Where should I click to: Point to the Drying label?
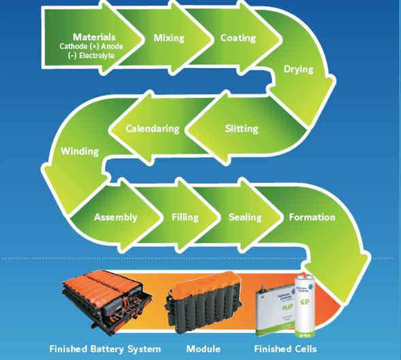pyautogui.click(x=298, y=69)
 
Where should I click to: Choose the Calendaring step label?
pyautogui.click(x=153, y=128)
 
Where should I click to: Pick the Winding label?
pyautogui.click(x=80, y=150)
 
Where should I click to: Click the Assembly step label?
pyautogui.click(x=116, y=217)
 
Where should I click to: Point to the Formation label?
pyautogui.click(x=312, y=217)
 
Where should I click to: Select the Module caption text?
pyautogui.click(x=203, y=349)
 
